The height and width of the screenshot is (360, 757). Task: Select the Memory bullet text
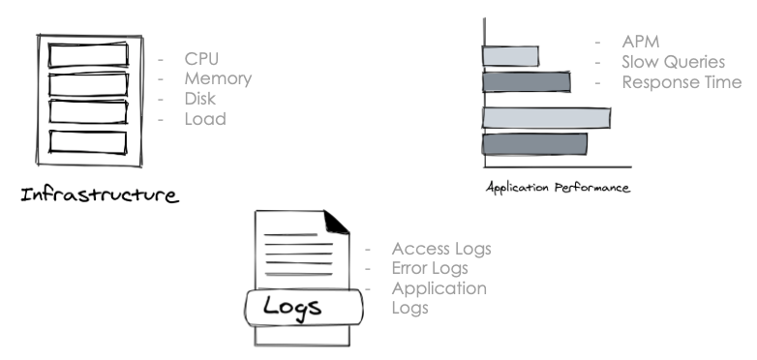(218, 79)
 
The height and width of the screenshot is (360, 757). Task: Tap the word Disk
(201, 100)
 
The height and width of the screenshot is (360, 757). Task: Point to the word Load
(204, 120)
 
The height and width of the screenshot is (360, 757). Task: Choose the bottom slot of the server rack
(88, 141)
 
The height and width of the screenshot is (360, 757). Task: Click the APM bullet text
(640, 43)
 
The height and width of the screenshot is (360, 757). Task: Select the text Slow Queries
(673, 62)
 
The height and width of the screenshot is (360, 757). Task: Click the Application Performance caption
(557, 186)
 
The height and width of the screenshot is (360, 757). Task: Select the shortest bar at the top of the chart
(510, 55)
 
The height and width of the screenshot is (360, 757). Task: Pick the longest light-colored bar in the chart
(546, 118)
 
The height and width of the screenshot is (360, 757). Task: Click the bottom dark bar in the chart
(534, 144)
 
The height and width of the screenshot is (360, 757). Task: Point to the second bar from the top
(526, 81)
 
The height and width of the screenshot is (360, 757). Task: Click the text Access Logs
(441, 249)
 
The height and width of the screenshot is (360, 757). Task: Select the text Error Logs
(430, 268)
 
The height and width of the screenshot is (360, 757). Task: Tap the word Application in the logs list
(439, 288)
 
